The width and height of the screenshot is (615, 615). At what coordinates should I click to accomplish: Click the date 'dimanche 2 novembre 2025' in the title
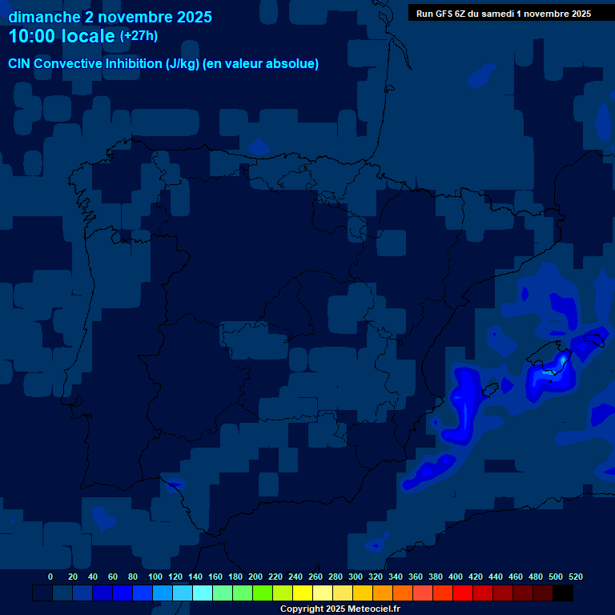click(110, 17)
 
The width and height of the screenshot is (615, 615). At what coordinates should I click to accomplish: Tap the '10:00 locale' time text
click(62, 36)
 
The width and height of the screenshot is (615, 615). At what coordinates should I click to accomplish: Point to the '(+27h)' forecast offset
click(139, 36)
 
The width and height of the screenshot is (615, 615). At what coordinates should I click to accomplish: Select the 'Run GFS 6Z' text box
click(503, 13)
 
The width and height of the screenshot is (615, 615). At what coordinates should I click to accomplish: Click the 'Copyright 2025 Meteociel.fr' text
click(340, 609)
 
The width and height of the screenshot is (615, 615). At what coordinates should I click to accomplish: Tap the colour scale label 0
click(50, 577)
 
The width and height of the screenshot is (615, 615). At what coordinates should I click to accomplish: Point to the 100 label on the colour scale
click(152, 577)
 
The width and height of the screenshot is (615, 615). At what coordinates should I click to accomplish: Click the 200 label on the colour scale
click(255, 577)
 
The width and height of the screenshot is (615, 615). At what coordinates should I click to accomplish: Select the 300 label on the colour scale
click(356, 577)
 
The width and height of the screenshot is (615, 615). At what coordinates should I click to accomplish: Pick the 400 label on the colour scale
click(456, 577)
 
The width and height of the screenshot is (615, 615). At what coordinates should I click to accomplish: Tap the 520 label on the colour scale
click(575, 577)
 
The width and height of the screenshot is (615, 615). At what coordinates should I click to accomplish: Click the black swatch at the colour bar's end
click(563, 593)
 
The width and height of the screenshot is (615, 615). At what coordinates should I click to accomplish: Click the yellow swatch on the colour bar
click(303, 593)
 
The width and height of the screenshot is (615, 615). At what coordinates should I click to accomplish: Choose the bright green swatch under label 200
click(263, 593)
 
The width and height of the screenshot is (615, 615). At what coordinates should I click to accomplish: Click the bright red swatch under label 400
click(463, 593)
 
